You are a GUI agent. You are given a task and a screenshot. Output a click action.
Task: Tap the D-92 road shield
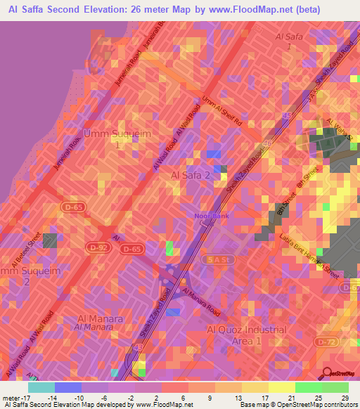coord(98,247)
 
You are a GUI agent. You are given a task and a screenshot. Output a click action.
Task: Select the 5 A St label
coord(221,259)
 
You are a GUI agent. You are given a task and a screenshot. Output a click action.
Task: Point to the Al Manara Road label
coord(201,300)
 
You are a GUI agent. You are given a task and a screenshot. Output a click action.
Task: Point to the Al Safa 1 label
coord(288,40)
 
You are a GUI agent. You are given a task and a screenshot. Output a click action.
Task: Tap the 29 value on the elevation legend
coord(343,398)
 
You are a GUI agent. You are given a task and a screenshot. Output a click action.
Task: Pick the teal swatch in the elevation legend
coord(41,387)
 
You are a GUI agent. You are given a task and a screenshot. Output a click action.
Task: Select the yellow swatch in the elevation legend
coord(281,387)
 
